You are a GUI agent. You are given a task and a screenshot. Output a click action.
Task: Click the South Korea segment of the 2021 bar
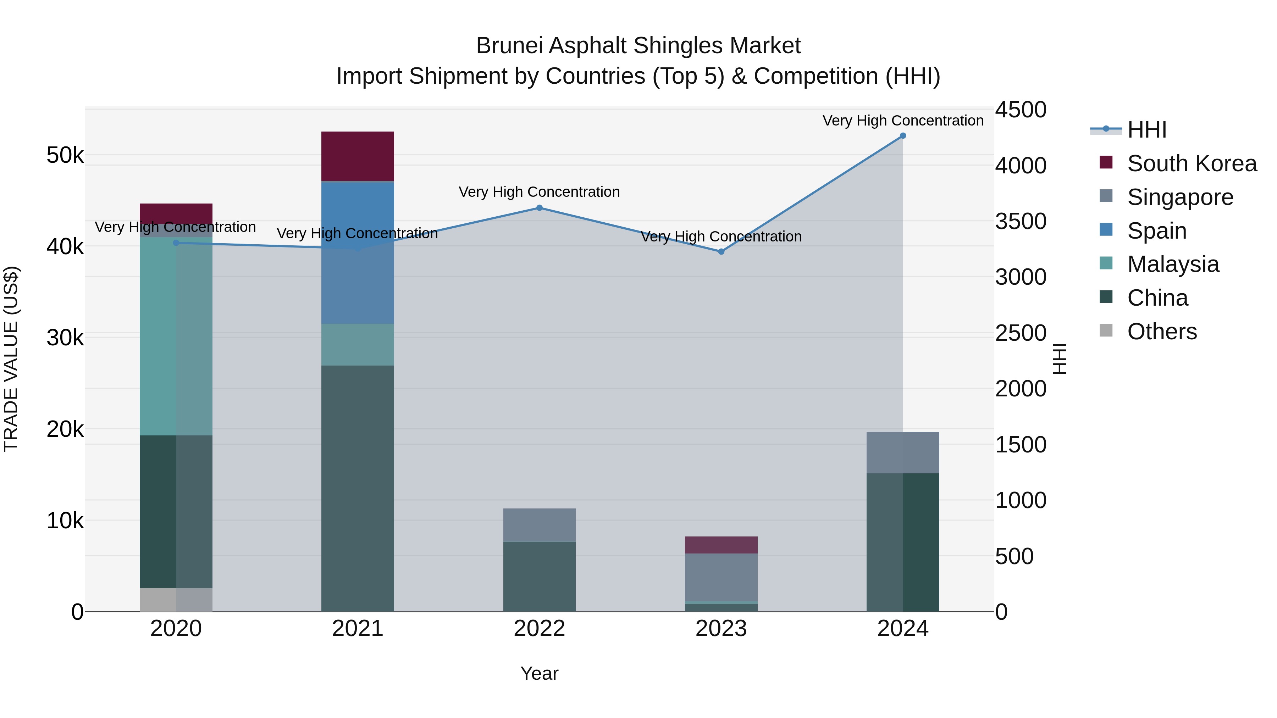[x=358, y=156]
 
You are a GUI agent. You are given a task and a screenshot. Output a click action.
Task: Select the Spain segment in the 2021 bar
[x=358, y=253]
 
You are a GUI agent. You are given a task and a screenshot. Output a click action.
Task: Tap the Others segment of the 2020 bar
[x=176, y=600]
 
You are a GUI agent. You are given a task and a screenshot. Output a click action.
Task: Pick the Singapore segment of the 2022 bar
[x=539, y=525]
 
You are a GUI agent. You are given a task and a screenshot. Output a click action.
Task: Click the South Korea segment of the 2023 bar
[x=721, y=545]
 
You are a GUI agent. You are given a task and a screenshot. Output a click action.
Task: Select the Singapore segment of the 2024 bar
[x=903, y=452]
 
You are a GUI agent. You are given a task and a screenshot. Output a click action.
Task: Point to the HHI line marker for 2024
[x=903, y=136]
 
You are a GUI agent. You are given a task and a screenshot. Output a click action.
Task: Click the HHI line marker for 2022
[x=539, y=208]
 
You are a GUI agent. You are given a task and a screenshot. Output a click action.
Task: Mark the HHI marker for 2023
[x=721, y=252]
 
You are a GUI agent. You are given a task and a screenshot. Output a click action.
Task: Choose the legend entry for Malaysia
[x=1173, y=264]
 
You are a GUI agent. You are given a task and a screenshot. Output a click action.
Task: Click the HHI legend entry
[x=1146, y=130]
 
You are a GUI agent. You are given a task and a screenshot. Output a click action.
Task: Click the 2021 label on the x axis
[x=358, y=629]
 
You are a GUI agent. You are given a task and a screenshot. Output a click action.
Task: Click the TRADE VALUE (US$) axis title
[x=11, y=359]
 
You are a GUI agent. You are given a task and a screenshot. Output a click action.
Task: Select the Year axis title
[x=539, y=673]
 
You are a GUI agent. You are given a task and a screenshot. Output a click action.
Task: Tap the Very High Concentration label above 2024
[x=903, y=121]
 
